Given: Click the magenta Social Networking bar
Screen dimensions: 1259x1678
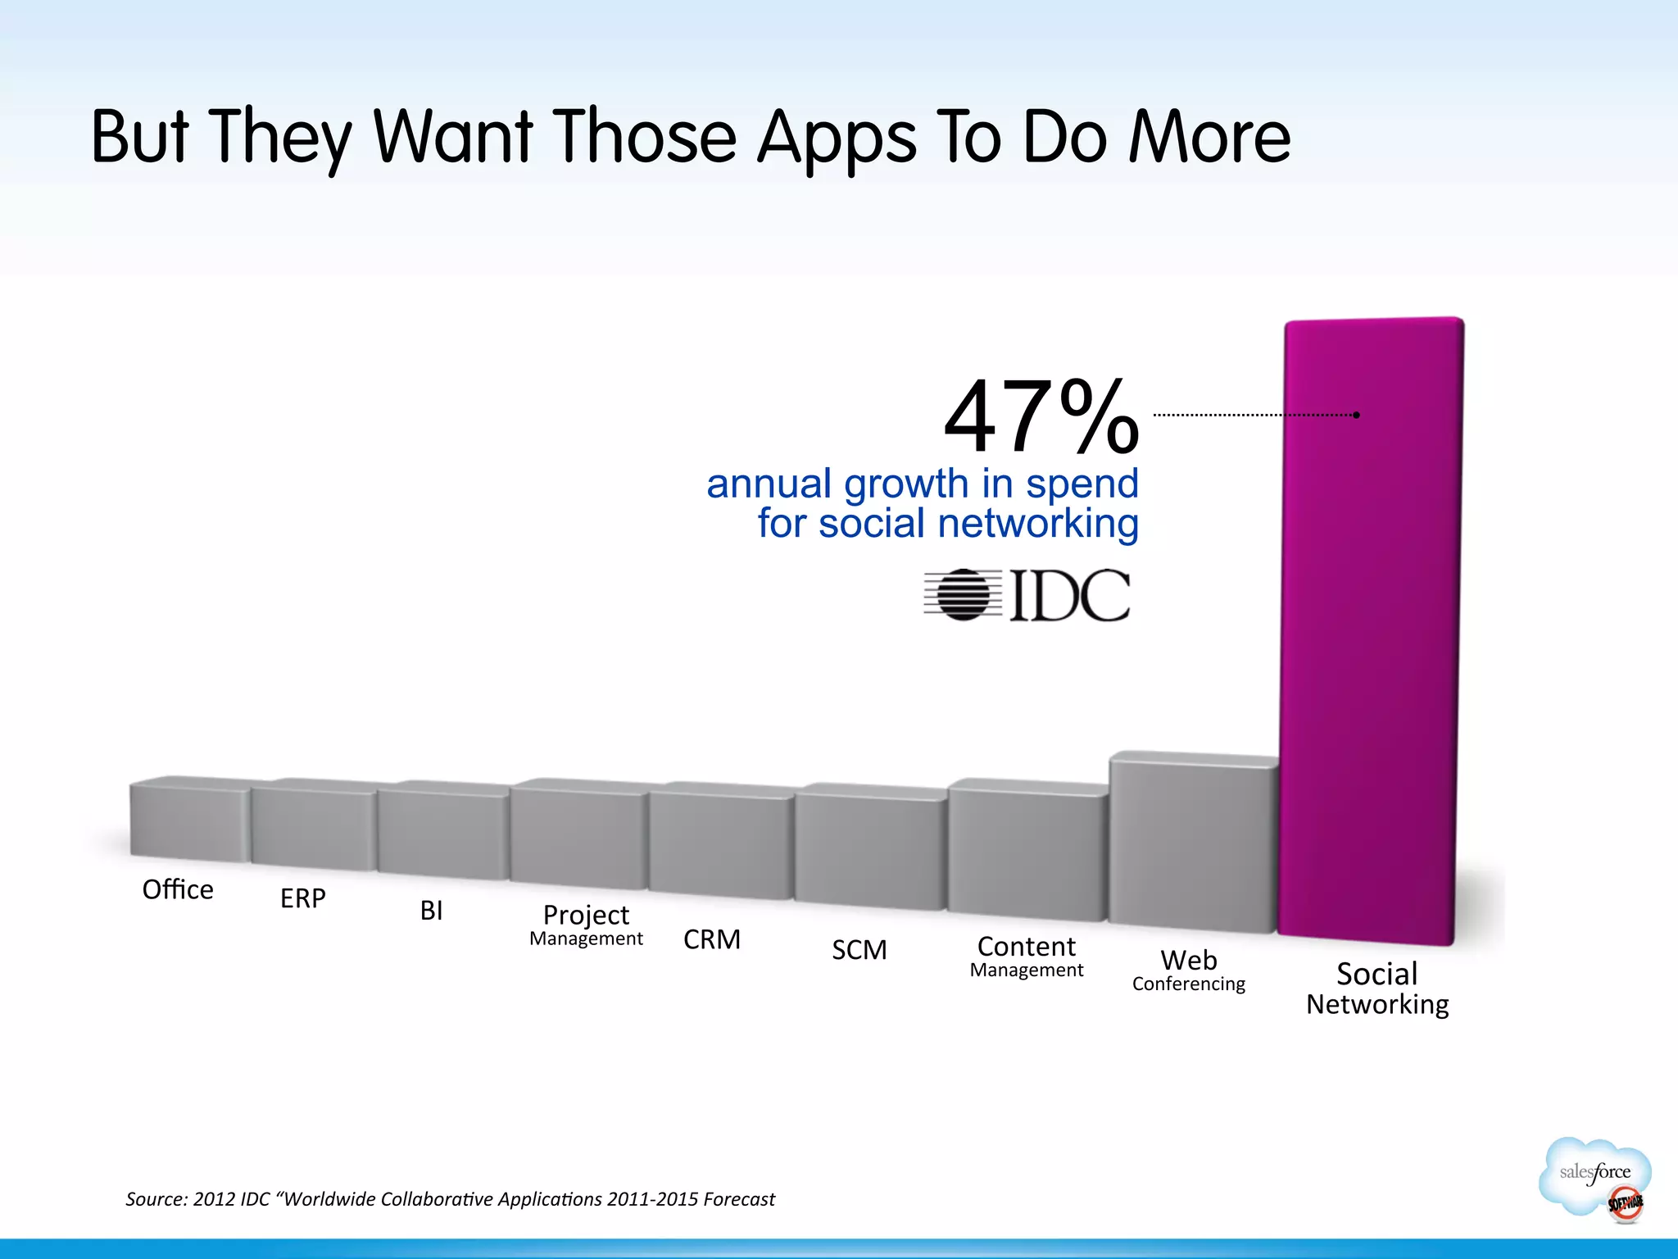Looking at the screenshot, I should pos(1372,631).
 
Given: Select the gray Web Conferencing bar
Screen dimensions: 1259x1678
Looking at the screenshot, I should pos(1192,844).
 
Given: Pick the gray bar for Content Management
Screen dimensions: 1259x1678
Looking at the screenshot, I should pos(1027,852).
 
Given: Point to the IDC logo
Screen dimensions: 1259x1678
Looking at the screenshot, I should pos(1027,594).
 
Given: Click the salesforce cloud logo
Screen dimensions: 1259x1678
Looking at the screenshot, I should pos(1594,1176).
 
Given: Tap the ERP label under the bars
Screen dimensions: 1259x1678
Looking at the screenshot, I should pos(303,898).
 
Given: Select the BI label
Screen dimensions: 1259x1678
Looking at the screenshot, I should pos(431,911).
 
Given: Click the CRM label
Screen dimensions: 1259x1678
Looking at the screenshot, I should pos(712,939).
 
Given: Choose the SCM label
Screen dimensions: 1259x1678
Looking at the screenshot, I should pos(859,950).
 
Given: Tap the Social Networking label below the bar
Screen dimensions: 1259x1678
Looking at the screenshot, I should pos(1377,989).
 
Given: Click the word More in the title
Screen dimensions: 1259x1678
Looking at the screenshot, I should pos(1209,137).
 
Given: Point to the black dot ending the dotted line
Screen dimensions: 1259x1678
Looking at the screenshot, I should pos(1357,415).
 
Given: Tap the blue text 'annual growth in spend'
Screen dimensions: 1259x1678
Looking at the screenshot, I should pos(923,484).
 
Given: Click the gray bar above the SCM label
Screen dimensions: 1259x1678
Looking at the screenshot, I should pos(870,848).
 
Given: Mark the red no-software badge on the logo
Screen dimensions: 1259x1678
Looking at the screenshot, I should pos(1624,1203).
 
